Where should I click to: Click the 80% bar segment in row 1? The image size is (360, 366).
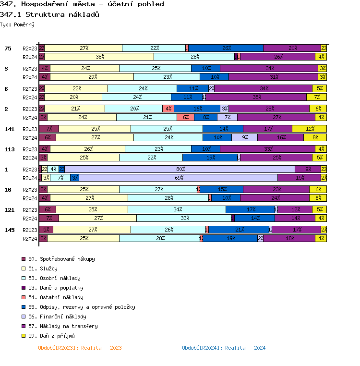coord(180,169)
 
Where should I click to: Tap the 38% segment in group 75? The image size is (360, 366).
coord(100,57)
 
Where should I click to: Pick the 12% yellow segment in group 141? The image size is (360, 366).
coord(309,129)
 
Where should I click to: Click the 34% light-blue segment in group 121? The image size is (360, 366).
coord(177,209)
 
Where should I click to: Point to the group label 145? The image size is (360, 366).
coord(10,230)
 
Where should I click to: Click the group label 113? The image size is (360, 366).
coord(10,149)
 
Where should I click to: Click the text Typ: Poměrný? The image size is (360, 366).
coord(17,24)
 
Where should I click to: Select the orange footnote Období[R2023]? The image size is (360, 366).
coord(80,348)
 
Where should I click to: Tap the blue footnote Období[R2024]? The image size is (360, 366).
coord(224,348)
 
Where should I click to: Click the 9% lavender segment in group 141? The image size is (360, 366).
coord(244,137)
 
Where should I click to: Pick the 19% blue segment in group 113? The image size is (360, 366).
coord(210,158)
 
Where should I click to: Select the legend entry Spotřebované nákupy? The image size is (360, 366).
coord(61,259)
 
